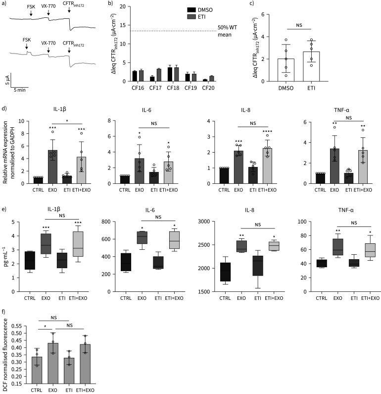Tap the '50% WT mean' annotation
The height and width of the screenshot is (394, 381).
(x=227, y=31)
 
